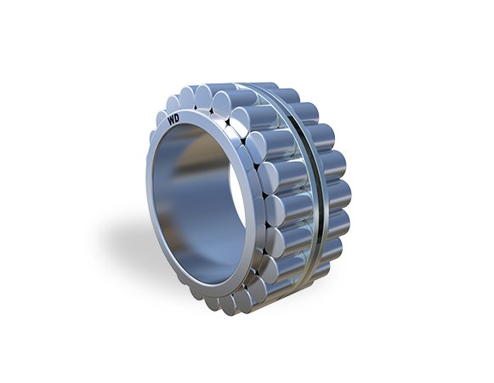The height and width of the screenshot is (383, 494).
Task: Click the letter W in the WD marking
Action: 171,122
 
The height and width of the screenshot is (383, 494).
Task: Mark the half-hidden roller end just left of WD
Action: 162,117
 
